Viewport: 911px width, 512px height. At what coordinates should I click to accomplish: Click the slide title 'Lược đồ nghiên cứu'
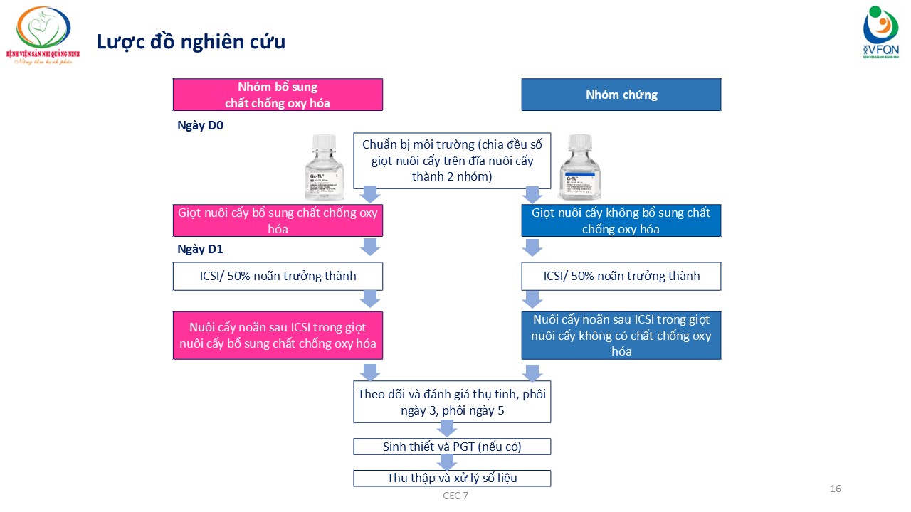click(x=191, y=41)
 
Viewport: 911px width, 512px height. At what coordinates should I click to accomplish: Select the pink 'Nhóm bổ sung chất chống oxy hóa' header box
click(x=278, y=95)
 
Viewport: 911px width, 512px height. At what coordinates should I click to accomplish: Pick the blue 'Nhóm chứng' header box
click(x=621, y=95)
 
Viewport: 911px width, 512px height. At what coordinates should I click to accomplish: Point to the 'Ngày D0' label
click(x=201, y=125)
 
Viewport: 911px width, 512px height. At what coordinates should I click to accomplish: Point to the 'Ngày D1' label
click(x=201, y=250)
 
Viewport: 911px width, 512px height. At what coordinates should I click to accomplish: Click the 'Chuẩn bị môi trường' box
click(x=452, y=160)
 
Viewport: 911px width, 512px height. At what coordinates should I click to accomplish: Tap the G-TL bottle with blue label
click(x=579, y=168)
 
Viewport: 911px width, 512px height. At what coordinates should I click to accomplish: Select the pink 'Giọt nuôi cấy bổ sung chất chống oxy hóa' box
click(x=278, y=220)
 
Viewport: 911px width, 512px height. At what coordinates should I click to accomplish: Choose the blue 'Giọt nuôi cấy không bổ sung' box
click(x=621, y=220)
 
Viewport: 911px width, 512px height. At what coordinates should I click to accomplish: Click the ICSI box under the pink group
click(x=278, y=276)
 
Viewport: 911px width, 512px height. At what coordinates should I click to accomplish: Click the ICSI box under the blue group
click(x=621, y=276)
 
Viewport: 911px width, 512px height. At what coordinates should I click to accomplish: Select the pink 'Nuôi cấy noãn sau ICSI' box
click(x=278, y=336)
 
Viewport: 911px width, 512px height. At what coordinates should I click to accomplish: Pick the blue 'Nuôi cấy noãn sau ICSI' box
click(x=621, y=336)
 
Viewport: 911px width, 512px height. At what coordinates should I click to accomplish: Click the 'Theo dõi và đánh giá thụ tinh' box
click(x=452, y=402)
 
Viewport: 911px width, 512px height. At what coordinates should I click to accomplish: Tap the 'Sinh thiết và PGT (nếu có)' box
click(x=452, y=447)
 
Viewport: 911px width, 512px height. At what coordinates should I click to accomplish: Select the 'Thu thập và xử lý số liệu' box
click(x=452, y=478)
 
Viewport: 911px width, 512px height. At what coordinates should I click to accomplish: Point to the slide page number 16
click(x=836, y=489)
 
